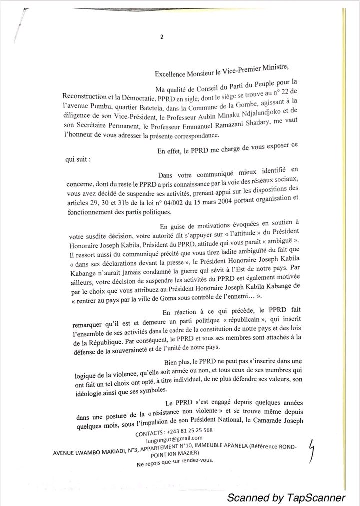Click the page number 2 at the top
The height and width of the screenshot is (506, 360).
(162, 36)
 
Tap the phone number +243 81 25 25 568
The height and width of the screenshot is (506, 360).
(184, 430)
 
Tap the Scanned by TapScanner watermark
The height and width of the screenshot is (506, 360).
(286, 497)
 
